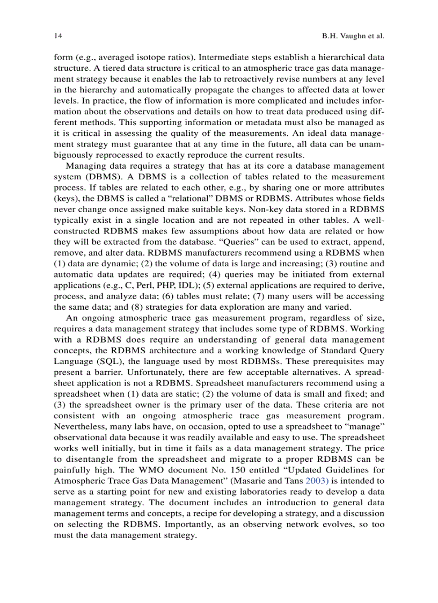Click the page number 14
[x=58, y=36]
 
